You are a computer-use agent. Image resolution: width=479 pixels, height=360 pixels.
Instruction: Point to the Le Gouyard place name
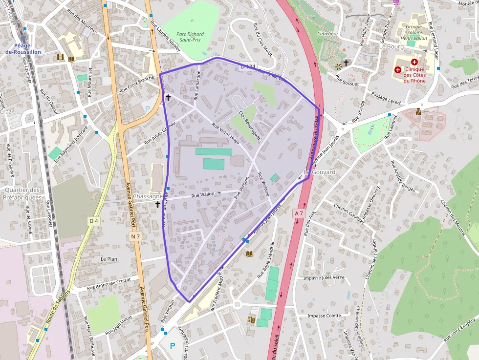pyautogui.click(x=320, y=172)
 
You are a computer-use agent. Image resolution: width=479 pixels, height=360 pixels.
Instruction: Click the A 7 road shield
pyautogui.click(x=299, y=213)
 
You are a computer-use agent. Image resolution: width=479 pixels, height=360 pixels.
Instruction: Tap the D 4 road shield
pyautogui.click(x=94, y=221)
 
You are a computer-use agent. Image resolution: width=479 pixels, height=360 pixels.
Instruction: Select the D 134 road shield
pyautogui.click(x=248, y=66)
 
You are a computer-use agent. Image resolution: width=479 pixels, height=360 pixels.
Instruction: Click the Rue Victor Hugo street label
pyautogui.click(x=226, y=132)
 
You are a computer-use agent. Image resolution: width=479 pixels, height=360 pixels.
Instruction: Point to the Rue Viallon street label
pyautogui.click(x=203, y=195)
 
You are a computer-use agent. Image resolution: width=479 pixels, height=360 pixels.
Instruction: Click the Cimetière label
pyautogui.click(x=327, y=34)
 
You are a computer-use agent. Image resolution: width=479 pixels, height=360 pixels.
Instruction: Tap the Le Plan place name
pyautogui.click(x=109, y=258)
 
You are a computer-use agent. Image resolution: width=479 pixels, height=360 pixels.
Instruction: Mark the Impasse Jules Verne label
pyautogui.click(x=324, y=277)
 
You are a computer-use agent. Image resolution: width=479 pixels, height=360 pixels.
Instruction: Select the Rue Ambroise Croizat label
pyautogui.click(x=109, y=284)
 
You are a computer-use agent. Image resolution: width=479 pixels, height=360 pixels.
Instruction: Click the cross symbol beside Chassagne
pyautogui.click(x=158, y=205)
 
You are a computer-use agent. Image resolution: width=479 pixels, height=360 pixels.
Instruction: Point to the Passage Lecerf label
pyautogui.click(x=386, y=98)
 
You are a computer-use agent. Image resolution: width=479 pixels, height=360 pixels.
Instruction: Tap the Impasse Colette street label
pyautogui.click(x=324, y=316)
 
